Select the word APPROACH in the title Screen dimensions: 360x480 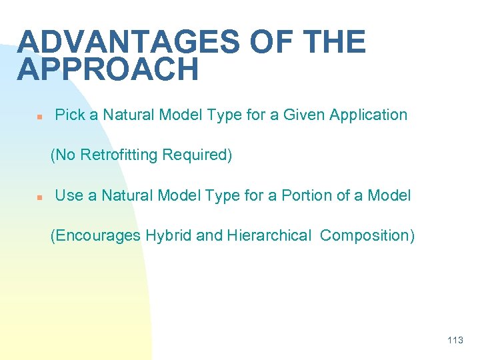108,70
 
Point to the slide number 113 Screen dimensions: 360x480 455,341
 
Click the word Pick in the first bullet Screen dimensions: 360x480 69,115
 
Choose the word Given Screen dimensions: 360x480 301,115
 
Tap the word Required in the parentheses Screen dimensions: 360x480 197,155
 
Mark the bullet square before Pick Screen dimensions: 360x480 39,116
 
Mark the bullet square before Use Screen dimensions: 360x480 39,197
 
